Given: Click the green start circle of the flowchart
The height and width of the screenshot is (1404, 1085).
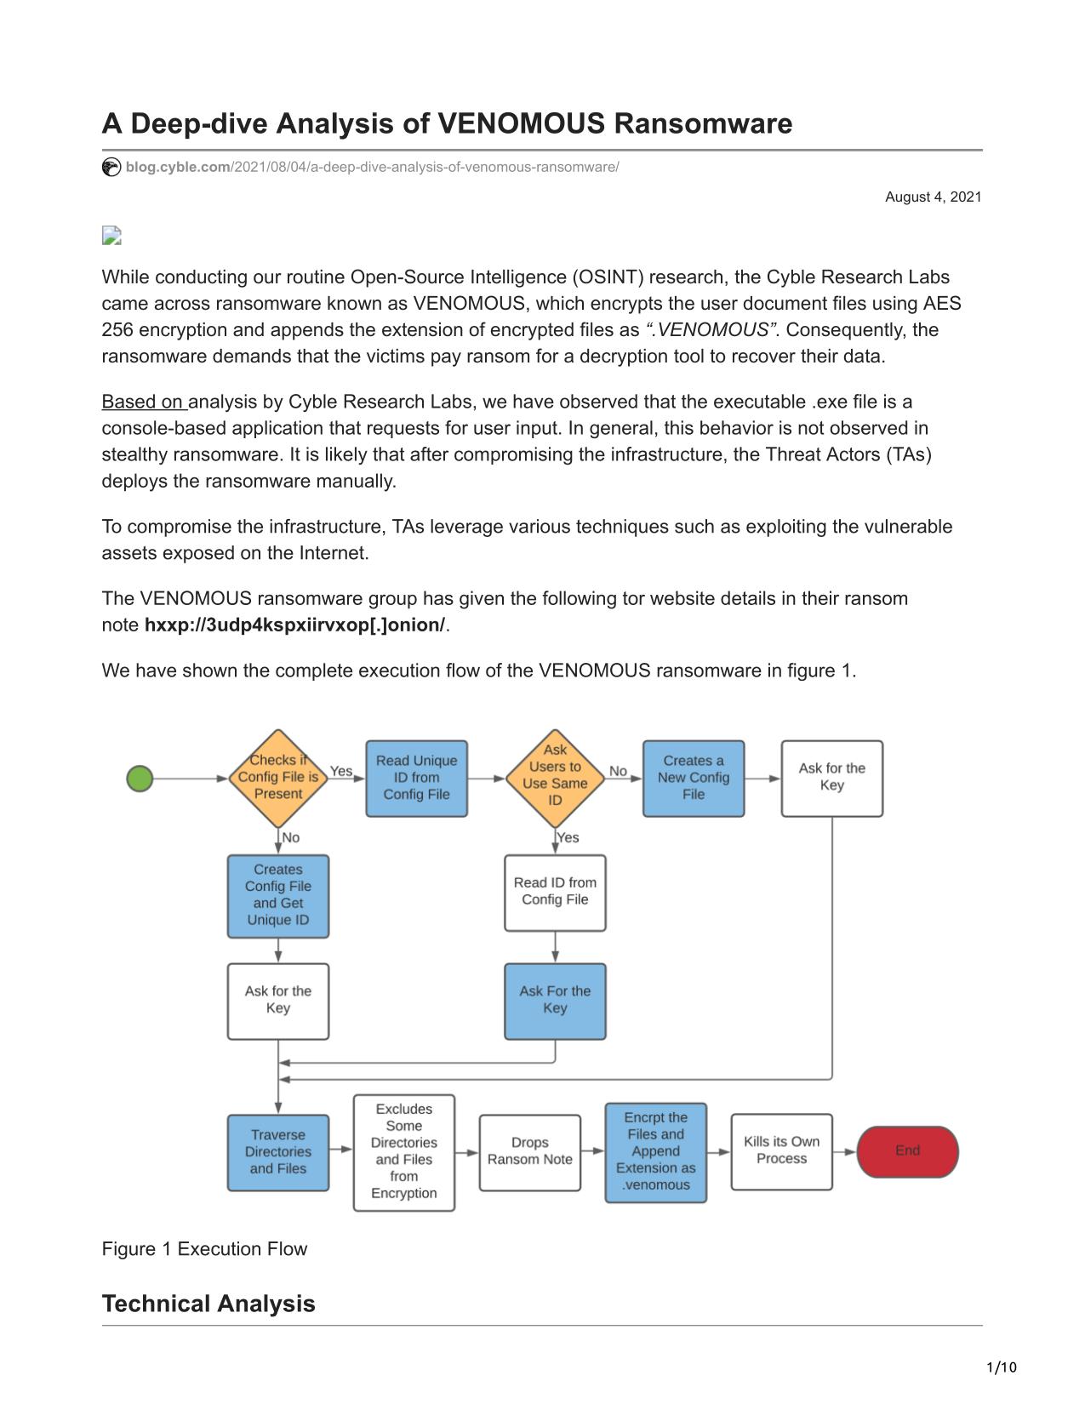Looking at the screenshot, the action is (140, 778).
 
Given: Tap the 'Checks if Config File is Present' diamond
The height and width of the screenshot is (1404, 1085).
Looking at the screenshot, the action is (278, 778).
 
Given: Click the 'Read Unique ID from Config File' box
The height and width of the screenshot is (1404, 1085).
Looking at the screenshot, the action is (416, 778).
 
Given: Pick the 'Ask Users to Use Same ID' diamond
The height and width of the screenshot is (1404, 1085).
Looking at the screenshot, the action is (555, 778).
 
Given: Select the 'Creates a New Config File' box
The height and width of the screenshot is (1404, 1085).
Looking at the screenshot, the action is (694, 778).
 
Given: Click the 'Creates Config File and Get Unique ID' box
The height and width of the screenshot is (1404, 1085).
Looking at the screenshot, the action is (278, 895).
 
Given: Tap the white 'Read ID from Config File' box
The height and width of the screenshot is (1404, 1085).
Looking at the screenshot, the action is (555, 893).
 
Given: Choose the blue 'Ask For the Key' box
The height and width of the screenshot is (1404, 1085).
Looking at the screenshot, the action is (555, 1001).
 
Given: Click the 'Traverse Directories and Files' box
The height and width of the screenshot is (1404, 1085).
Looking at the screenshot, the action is (278, 1152).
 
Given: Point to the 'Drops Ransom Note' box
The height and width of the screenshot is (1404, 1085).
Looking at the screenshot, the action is (530, 1152).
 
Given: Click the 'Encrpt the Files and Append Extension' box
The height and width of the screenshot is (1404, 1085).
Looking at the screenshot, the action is (655, 1152).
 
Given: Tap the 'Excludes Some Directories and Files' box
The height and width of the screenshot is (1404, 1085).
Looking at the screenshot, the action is (404, 1152).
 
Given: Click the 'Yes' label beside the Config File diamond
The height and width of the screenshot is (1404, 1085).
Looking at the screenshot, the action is (341, 771).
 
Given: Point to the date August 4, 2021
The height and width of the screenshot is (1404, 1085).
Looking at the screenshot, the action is (933, 197).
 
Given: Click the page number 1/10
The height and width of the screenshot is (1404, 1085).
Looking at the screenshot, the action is (1001, 1367).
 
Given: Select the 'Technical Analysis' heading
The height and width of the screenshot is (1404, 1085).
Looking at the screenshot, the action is (208, 1304).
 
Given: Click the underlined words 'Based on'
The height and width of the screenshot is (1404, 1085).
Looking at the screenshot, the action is (144, 402).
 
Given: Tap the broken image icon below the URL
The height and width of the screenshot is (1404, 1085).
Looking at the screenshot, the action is (111, 236).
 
